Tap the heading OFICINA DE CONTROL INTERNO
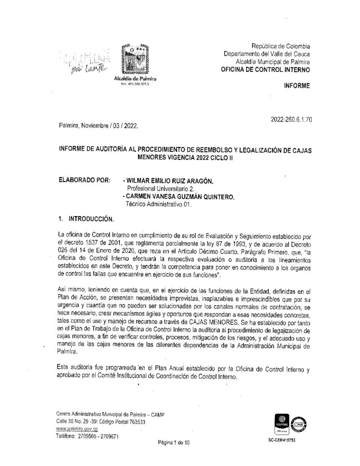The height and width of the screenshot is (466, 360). click(x=265, y=70)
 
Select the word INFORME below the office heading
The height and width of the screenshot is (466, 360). click(x=296, y=86)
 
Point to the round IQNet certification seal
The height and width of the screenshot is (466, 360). click(x=299, y=425)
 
